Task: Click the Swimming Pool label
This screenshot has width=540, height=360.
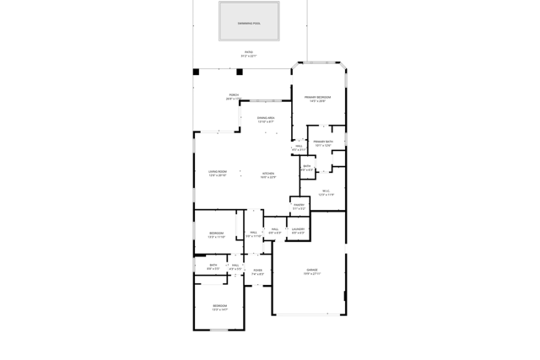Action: click(x=249, y=24)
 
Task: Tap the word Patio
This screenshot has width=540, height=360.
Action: click(x=249, y=52)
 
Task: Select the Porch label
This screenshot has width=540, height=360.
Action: click(x=234, y=95)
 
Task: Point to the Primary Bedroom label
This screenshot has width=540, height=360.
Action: click(x=317, y=98)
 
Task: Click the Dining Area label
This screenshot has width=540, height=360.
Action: click(x=266, y=118)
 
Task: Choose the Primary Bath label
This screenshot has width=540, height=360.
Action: click(x=323, y=142)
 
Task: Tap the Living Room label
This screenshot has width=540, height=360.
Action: click(x=218, y=172)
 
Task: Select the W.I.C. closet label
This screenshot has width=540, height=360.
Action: click(x=326, y=191)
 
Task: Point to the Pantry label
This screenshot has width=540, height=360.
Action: click(x=299, y=205)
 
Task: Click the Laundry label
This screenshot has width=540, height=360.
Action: click(x=299, y=228)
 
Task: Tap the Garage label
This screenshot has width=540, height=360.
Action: click(x=312, y=270)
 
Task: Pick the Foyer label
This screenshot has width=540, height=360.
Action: click(x=257, y=271)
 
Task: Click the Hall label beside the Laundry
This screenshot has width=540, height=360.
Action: click(x=275, y=228)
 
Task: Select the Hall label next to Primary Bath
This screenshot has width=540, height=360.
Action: click(x=299, y=147)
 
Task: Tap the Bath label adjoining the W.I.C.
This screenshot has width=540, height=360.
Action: click(x=307, y=166)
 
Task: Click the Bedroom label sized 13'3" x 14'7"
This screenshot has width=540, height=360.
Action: click(x=219, y=305)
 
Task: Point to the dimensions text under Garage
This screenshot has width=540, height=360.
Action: click(x=312, y=274)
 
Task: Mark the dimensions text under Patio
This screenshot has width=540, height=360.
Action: click(x=249, y=56)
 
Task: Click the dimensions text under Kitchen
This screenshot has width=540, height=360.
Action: click(x=268, y=177)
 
